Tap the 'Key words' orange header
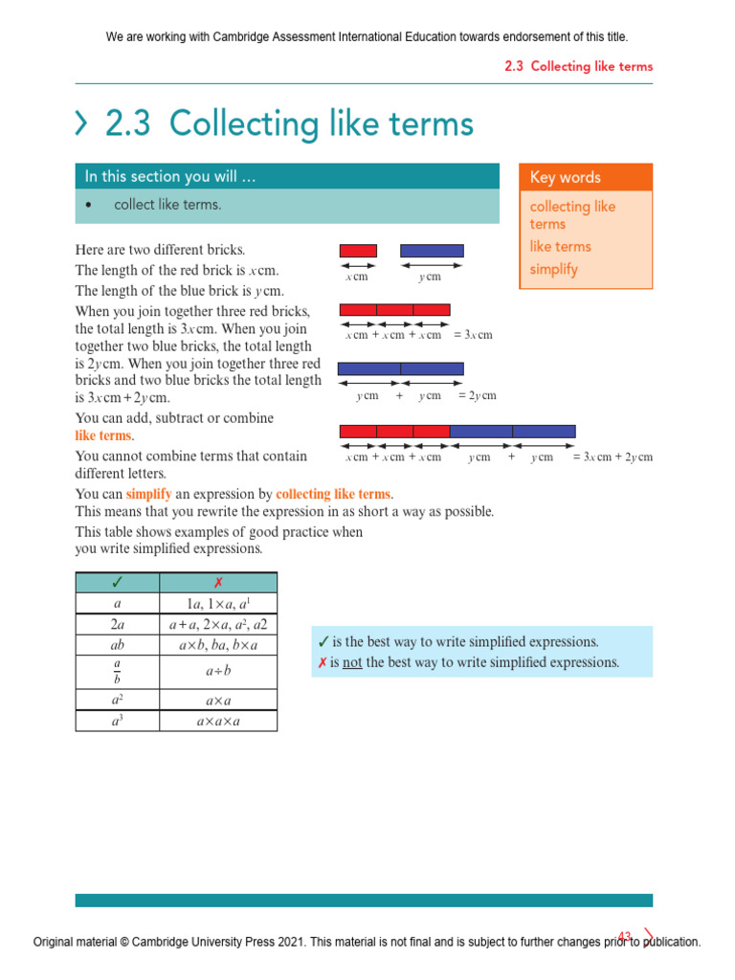point(585,177)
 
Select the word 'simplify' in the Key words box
point(554,269)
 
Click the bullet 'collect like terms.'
point(167,204)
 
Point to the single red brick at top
point(358,251)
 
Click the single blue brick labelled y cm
point(432,251)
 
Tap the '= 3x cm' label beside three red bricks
point(473,335)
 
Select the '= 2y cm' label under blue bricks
point(477,395)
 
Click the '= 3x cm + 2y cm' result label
point(612,457)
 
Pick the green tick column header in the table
point(117,583)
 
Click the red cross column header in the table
point(218,583)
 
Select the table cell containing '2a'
point(117,624)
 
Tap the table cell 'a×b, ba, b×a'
point(218,646)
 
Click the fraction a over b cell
point(117,672)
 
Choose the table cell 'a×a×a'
point(218,721)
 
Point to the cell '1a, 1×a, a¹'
point(218,604)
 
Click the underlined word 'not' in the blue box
point(352,662)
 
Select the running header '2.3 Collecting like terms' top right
point(578,66)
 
